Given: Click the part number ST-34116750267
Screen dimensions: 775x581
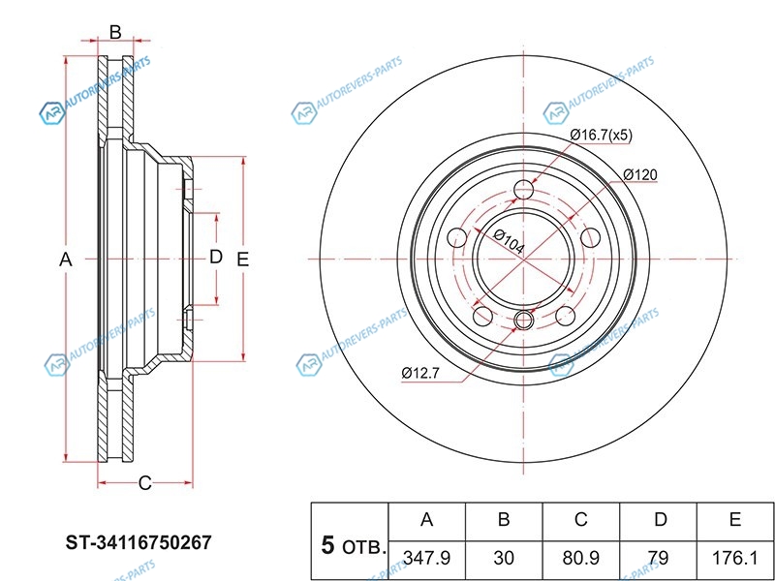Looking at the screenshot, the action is (x=139, y=542).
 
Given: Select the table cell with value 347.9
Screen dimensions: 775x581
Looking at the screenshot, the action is (x=426, y=559).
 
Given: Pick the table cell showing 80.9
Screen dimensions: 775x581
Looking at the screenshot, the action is (x=580, y=559).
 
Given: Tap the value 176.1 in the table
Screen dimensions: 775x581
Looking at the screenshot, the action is (x=734, y=559).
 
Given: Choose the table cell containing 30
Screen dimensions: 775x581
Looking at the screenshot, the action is (x=504, y=559).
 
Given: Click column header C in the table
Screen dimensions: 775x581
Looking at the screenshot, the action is (x=580, y=520).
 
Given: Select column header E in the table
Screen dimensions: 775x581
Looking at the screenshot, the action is (x=734, y=520).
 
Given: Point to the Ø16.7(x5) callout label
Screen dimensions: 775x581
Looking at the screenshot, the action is (x=601, y=136).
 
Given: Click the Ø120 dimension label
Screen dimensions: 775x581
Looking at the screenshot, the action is (x=640, y=174).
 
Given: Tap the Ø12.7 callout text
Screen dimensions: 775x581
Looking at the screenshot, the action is (x=420, y=373).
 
